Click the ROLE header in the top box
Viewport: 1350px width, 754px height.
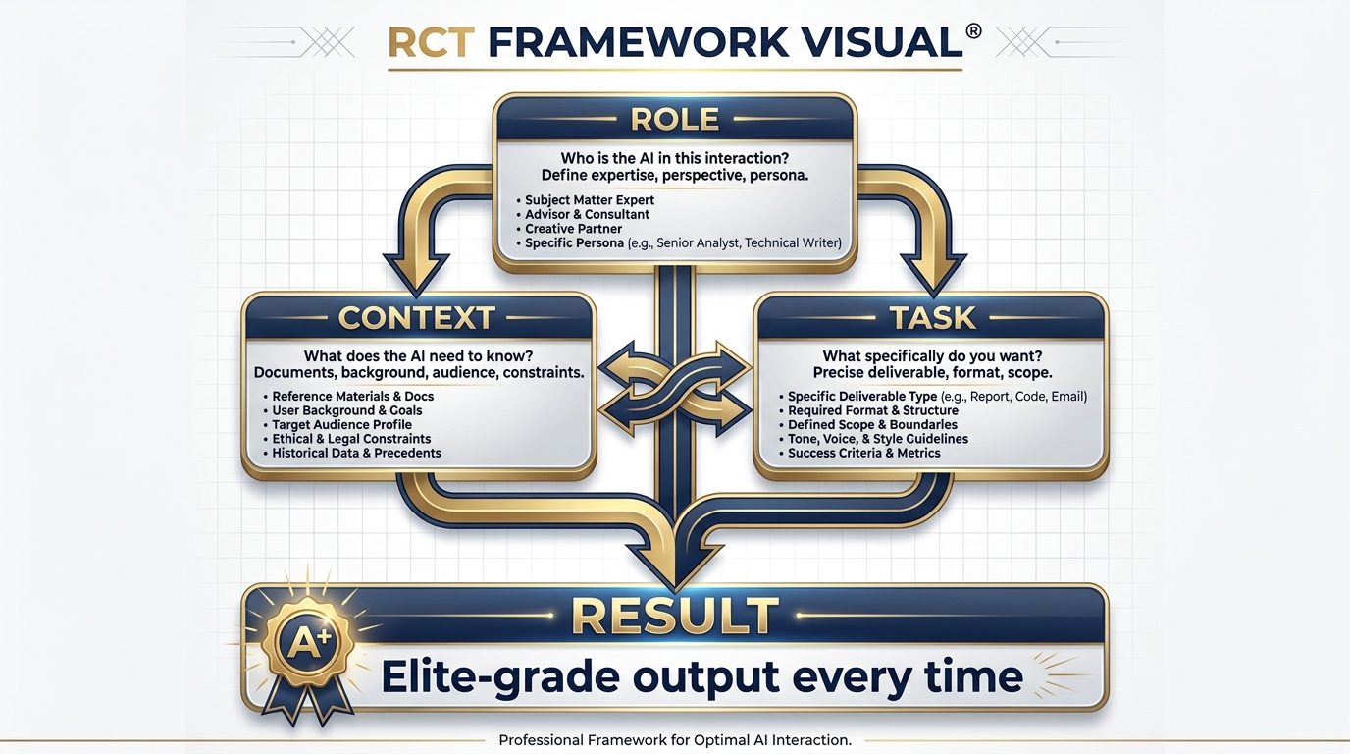point(675,120)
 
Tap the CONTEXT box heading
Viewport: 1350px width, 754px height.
point(417,318)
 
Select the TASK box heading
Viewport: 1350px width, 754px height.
point(932,318)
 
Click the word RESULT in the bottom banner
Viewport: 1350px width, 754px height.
point(675,616)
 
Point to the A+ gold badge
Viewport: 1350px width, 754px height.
point(310,641)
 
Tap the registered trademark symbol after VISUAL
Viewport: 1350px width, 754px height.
point(973,30)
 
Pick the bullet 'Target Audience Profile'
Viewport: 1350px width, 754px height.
point(342,425)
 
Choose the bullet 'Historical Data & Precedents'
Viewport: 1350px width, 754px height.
point(356,454)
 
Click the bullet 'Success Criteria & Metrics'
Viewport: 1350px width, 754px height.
point(863,454)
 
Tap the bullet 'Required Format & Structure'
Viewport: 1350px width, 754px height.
point(872,410)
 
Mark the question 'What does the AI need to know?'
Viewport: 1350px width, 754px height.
point(419,356)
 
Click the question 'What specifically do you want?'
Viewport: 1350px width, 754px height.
point(932,356)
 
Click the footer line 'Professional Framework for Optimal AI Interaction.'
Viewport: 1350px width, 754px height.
point(675,740)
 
